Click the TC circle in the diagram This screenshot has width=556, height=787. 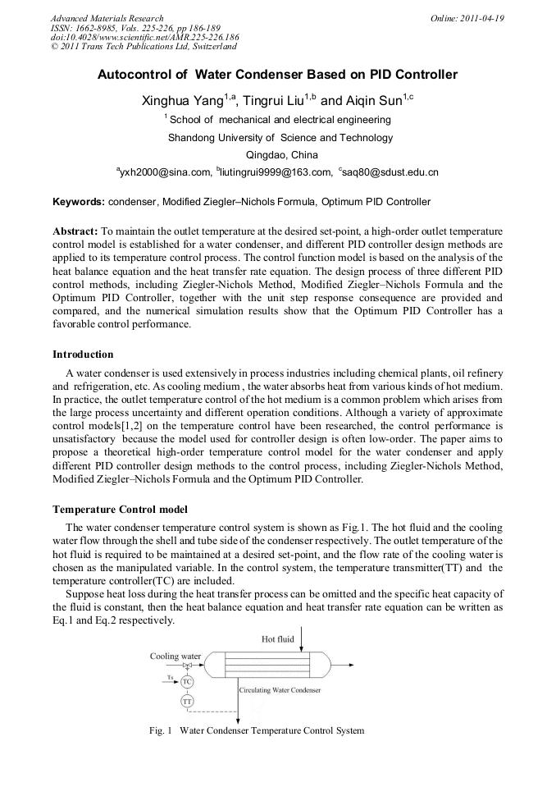pyautogui.click(x=188, y=682)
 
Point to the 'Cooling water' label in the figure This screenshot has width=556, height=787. pyautogui.click(x=175, y=657)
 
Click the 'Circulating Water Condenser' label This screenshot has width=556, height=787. pyautogui.click(x=280, y=690)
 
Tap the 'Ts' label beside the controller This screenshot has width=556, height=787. pyautogui.click(x=169, y=678)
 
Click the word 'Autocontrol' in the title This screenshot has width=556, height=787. pyautogui.click(x=135, y=75)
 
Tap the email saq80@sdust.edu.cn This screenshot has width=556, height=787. pyautogui.click(x=389, y=172)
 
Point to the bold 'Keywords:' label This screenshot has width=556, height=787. pyautogui.click(x=79, y=201)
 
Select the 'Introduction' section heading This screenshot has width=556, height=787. pyautogui.click(x=83, y=355)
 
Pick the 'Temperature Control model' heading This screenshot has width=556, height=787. pyautogui.click(x=120, y=510)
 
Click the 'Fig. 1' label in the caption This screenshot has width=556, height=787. pyautogui.click(x=161, y=730)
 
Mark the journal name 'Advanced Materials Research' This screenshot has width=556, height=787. pyautogui.click(x=107, y=18)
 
